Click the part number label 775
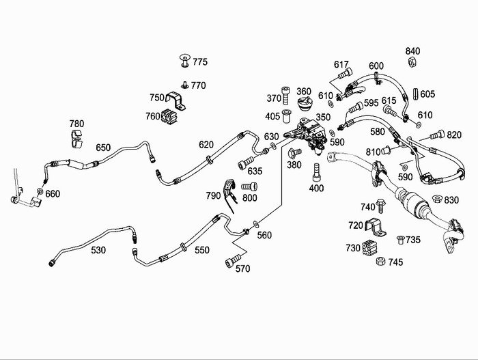pyautogui.click(x=199, y=62)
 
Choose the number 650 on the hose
pyautogui.click(x=103, y=148)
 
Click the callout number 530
pyautogui.click(x=98, y=250)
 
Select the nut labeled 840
pyautogui.click(x=412, y=63)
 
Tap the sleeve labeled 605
pyautogui.click(x=416, y=94)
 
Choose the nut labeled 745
pyautogui.click(x=382, y=262)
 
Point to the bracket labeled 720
pyautogui.click(x=373, y=227)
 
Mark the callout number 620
pyautogui.click(x=206, y=144)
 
